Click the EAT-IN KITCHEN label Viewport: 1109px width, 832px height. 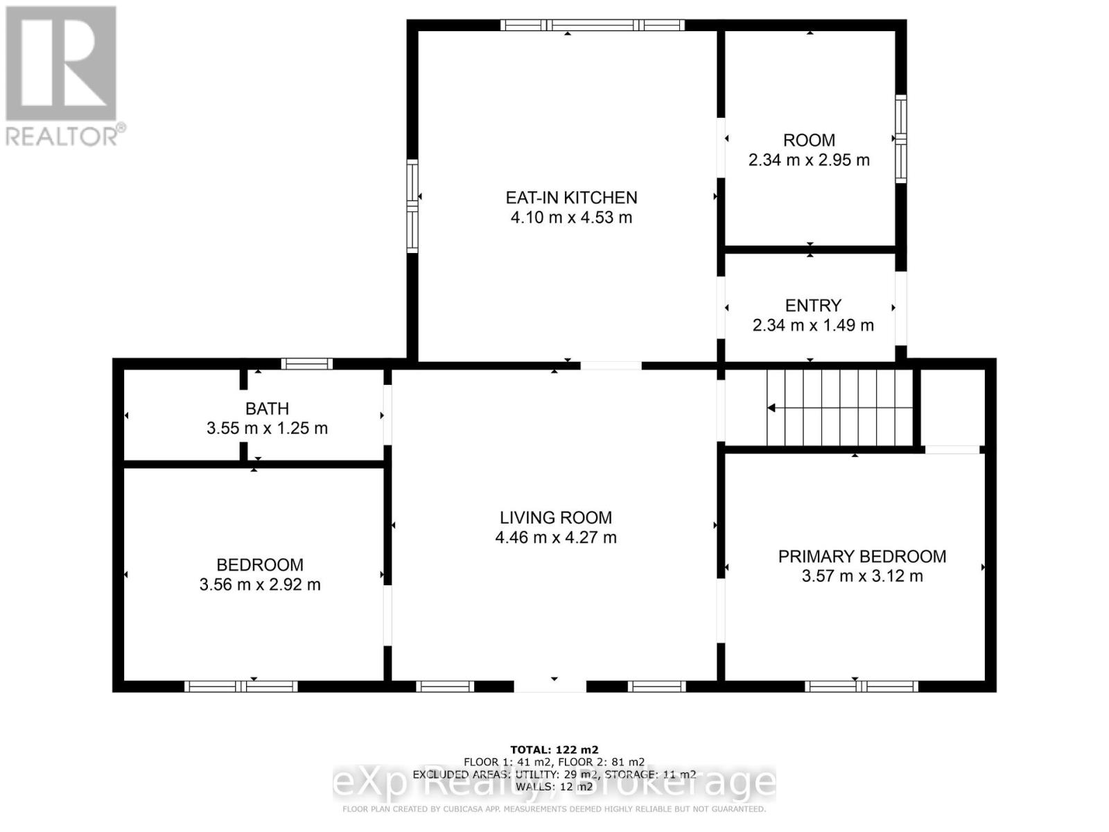(571, 198)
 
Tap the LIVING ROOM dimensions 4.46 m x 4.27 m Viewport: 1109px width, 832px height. (556, 537)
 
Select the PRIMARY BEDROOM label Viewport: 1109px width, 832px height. (862, 556)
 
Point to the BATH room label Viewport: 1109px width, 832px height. (267, 408)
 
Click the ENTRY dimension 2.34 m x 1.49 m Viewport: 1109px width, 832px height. (813, 325)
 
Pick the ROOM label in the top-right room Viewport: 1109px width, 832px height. (809, 140)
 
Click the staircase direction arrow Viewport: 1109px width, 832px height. (771, 408)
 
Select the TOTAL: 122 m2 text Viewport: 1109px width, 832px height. (554, 749)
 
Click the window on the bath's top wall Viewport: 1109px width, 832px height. (306, 363)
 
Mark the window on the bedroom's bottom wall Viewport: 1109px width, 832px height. (241, 686)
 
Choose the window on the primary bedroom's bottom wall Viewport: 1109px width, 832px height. (861, 686)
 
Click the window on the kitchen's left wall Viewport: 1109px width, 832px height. (412, 205)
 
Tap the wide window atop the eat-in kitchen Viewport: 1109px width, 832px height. (593, 26)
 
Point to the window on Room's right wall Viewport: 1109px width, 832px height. (900, 139)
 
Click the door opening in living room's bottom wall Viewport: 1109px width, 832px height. (550, 686)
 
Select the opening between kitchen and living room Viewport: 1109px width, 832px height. (611, 365)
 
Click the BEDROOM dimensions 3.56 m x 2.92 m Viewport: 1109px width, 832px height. (260, 584)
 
